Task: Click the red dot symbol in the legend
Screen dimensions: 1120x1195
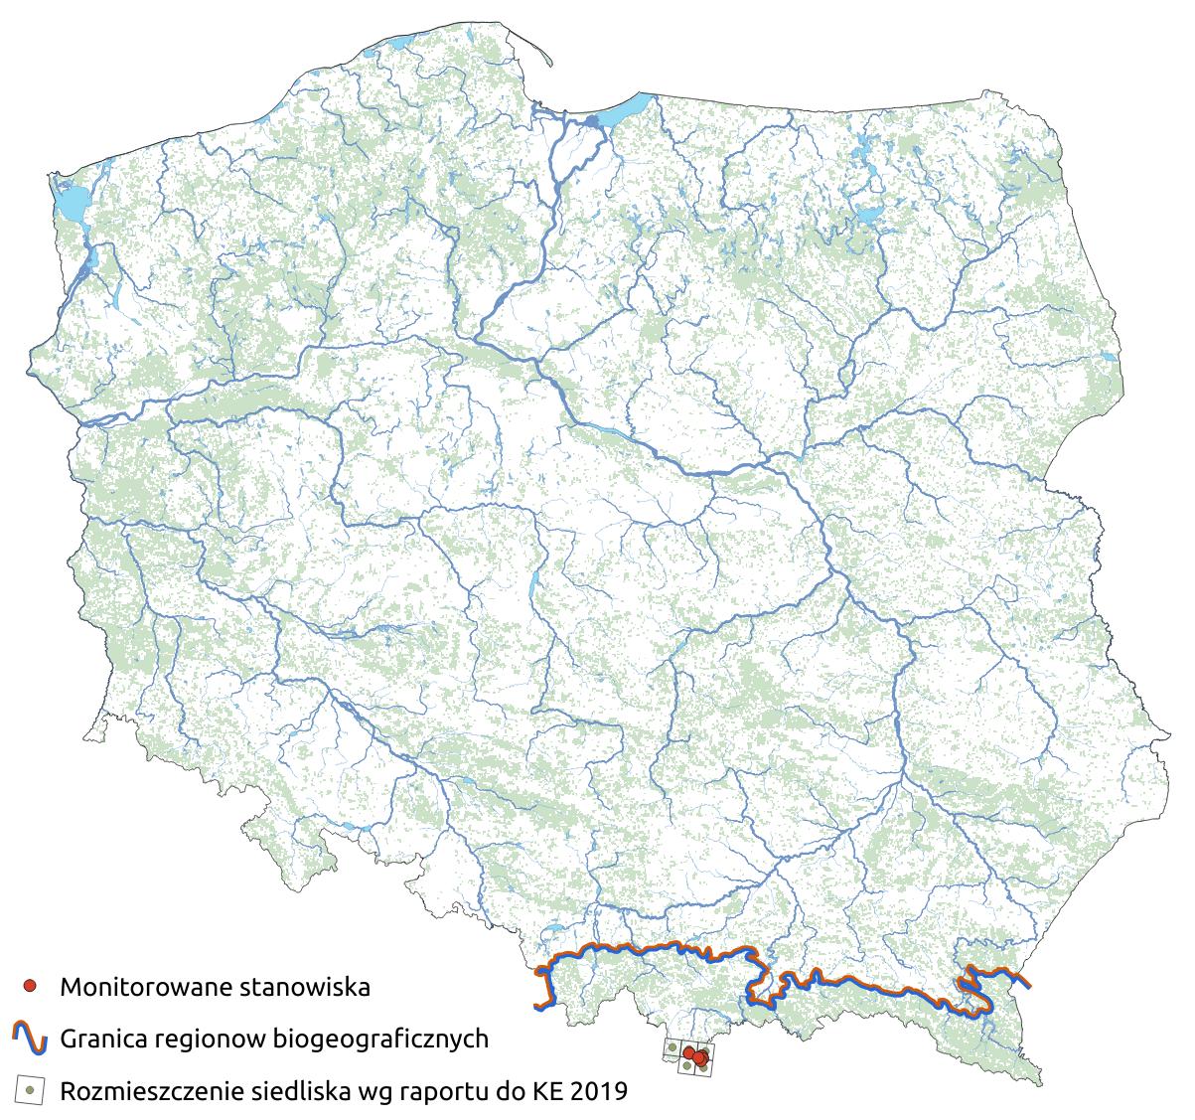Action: click(30, 987)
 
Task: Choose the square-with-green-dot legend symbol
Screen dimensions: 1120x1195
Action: click(30, 1090)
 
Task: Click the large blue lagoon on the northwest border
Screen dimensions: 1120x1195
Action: click(70, 203)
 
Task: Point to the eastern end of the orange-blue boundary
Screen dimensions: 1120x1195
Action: click(1027, 985)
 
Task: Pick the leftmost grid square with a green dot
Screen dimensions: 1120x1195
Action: click(672, 1047)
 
